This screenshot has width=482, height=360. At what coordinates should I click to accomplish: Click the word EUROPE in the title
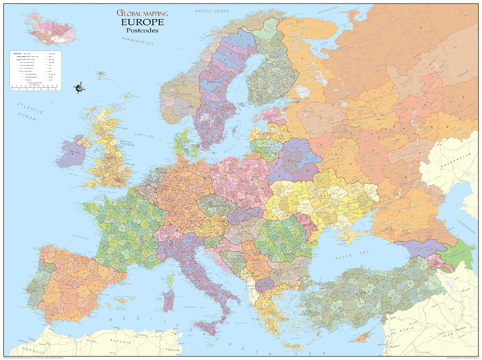coord(142,22)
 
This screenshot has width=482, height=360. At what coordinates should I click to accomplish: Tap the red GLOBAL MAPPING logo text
coord(142,13)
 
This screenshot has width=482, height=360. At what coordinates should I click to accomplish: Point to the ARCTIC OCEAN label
coord(212,11)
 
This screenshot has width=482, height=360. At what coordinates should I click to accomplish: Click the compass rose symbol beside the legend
coord(79,88)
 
